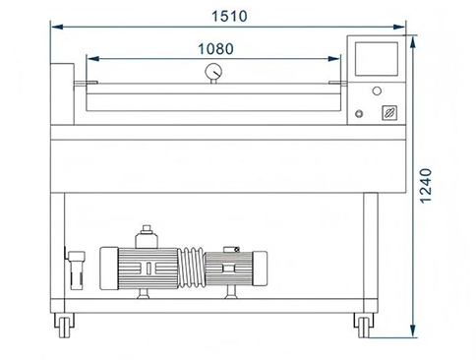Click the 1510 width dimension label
pos(229,16)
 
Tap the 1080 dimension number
pos(215,49)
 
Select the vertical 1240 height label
pos(426,186)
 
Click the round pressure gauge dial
pos(213,71)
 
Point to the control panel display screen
pos(377,59)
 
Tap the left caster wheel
pos(64,327)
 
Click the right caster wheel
pos(364,327)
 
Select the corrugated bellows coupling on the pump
pos(191,268)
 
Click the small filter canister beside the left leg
pos(77,270)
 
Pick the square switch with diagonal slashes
pos(389,113)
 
